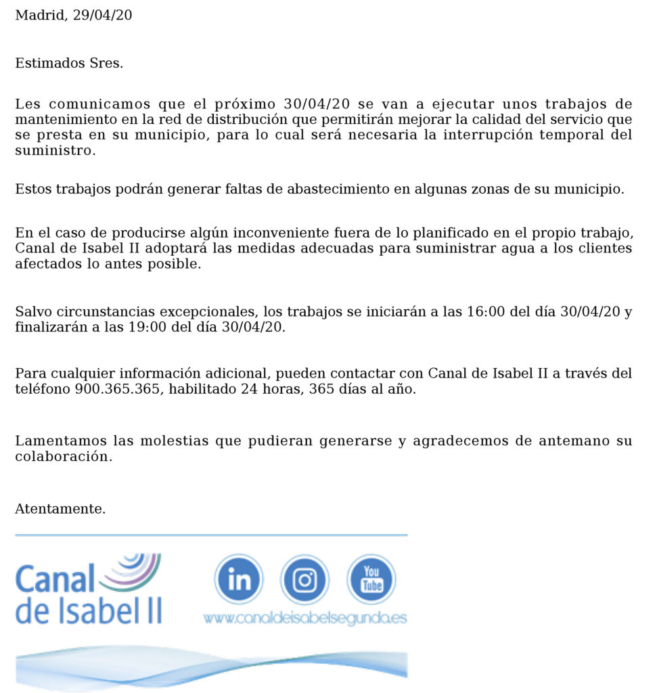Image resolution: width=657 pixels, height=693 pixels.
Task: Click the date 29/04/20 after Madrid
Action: (101, 15)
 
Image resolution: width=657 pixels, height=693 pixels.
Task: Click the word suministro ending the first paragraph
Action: (52, 150)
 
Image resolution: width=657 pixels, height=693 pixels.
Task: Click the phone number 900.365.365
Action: (116, 389)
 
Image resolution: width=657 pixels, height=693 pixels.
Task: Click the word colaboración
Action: (62, 456)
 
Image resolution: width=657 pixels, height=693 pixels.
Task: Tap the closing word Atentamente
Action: (60, 509)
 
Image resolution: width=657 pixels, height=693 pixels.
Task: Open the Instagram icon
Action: (304, 579)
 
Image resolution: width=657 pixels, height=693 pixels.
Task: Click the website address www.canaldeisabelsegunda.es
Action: (304, 618)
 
